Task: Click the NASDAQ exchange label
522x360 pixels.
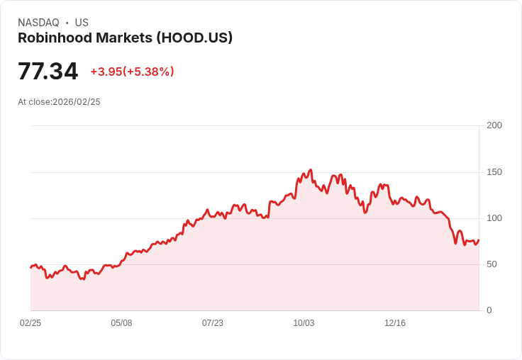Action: pos(38,23)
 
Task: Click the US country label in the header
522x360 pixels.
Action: pos(82,23)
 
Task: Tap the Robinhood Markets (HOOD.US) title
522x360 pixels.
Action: pos(125,38)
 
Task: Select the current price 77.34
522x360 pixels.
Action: pos(48,72)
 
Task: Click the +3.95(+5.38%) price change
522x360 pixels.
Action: pos(132,72)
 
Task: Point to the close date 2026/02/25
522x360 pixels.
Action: pos(77,102)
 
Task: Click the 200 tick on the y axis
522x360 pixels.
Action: pos(494,125)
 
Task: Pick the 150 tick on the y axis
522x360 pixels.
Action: pos(494,172)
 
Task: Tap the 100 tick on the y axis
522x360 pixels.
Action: pos(494,218)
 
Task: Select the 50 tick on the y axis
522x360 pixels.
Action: pos(491,264)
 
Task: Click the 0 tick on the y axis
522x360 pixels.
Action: pos(489,310)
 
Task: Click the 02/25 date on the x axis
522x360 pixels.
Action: pos(30,323)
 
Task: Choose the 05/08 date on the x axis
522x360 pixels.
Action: pos(121,323)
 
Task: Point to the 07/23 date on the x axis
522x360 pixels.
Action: pos(213,323)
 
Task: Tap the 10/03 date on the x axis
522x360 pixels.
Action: pos(304,323)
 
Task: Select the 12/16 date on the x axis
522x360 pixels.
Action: pos(395,323)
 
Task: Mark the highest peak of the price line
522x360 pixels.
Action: pos(311,170)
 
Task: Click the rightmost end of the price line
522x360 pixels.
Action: pos(479,240)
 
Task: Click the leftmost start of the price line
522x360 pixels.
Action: pos(30,267)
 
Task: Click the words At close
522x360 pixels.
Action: pos(34,102)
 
